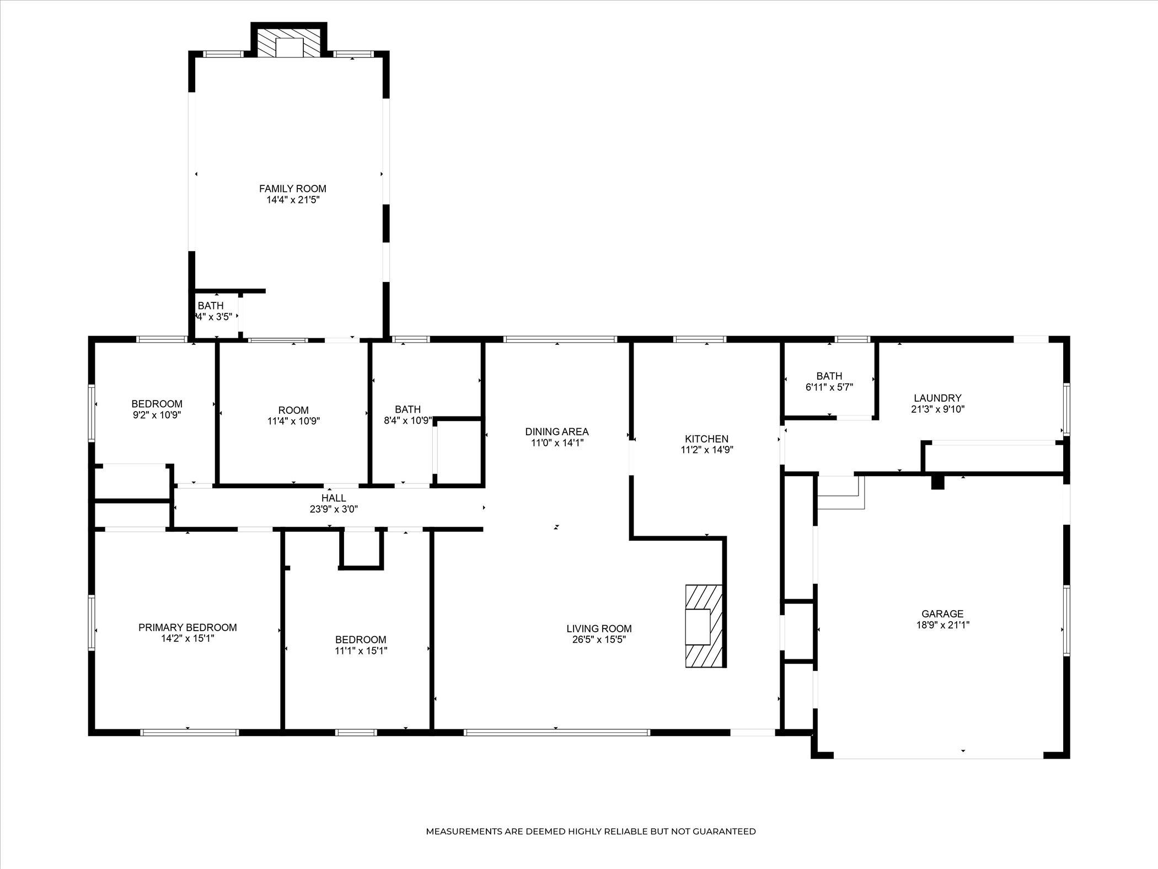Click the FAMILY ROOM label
[x=293, y=189]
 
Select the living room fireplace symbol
[x=704, y=626]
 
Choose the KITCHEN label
[x=707, y=439]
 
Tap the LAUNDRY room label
[x=937, y=398]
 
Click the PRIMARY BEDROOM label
[x=187, y=627]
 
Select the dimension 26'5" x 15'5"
[x=599, y=640]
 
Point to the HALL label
[x=334, y=498]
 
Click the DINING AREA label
[x=557, y=431]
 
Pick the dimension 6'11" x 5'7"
[x=829, y=387]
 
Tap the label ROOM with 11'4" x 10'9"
[x=293, y=410]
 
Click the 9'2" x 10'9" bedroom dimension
[x=157, y=415]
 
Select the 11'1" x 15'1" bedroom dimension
[x=361, y=651]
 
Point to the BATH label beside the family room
[x=211, y=306]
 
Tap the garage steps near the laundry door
[x=841, y=492]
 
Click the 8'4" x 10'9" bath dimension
[x=408, y=420]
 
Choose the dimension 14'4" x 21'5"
[x=293, y=200]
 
